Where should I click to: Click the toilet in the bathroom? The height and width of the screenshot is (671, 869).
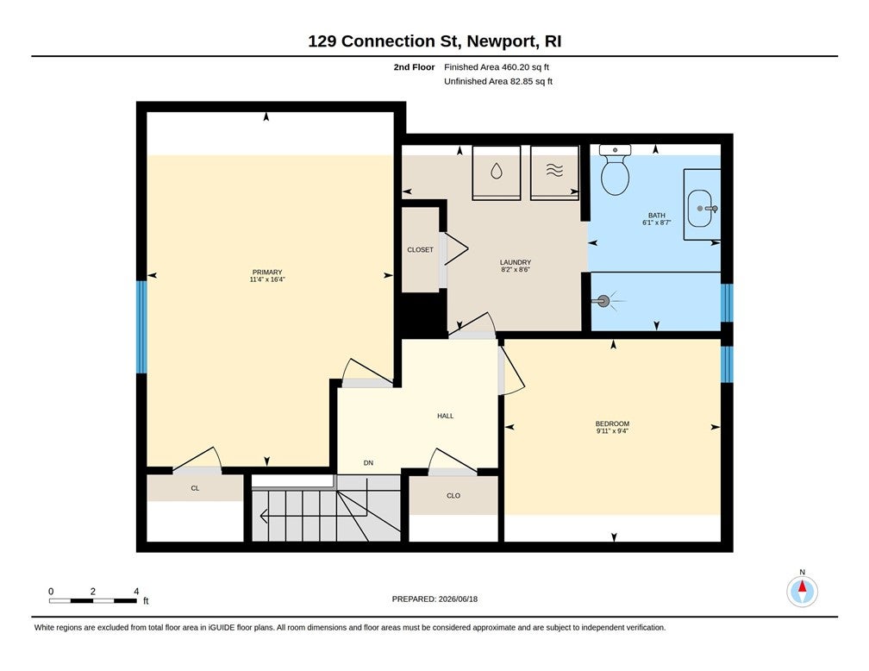[616, 170]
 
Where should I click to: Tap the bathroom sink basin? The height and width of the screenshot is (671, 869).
[700, 209]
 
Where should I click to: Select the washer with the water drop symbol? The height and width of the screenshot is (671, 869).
[496, 172]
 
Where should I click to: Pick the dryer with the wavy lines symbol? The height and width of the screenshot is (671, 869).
[554, 172]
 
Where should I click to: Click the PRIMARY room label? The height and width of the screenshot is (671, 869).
[267, 272]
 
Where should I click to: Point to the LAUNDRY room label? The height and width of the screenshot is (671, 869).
[516, 262]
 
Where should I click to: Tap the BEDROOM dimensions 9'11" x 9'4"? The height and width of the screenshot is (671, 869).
[612, 431]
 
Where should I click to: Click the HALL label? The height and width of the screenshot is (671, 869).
[446, 416]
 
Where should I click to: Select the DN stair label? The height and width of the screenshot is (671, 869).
[369, 463]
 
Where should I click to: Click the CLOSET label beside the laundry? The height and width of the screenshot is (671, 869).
[420, 249]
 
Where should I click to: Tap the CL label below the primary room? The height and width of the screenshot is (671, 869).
[195, 488]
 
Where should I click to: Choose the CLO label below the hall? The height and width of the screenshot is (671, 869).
[453, 496]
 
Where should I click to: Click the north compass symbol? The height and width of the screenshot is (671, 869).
[802, 591]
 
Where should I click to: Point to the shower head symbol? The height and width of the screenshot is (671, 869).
[603, 302]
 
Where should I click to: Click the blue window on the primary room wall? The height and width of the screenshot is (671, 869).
[142, 327]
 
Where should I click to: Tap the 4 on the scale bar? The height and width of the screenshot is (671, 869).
[136, 591]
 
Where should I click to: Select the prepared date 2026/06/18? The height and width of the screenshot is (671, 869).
[458, 599]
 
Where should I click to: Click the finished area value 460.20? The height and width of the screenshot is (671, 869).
[515, 67]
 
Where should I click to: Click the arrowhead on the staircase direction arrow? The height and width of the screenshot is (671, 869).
[263, 517]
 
